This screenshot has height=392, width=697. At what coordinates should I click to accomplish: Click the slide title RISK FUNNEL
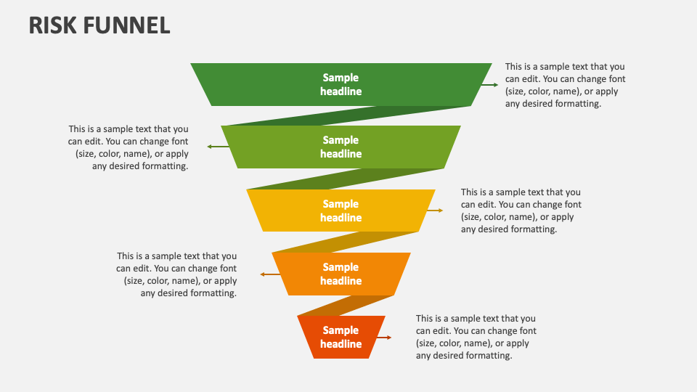click(99, 25)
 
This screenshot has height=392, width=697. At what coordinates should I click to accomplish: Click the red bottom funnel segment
click(312, 338)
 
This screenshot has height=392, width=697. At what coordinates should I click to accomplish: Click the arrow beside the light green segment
click(215, 147)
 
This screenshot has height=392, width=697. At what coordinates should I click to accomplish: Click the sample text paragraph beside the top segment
click(565, 85)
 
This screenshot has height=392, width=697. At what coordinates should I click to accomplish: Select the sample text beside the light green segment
click(129, 147)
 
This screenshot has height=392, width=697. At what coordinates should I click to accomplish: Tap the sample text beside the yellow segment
click(521, 211)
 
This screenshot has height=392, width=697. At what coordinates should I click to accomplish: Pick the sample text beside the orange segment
click(176, 274)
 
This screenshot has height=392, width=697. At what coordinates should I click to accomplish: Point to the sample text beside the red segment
click(476, 337)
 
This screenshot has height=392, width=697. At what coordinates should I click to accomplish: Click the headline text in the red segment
click(341, 338)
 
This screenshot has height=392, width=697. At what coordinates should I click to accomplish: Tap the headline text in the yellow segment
click(341, 211)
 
